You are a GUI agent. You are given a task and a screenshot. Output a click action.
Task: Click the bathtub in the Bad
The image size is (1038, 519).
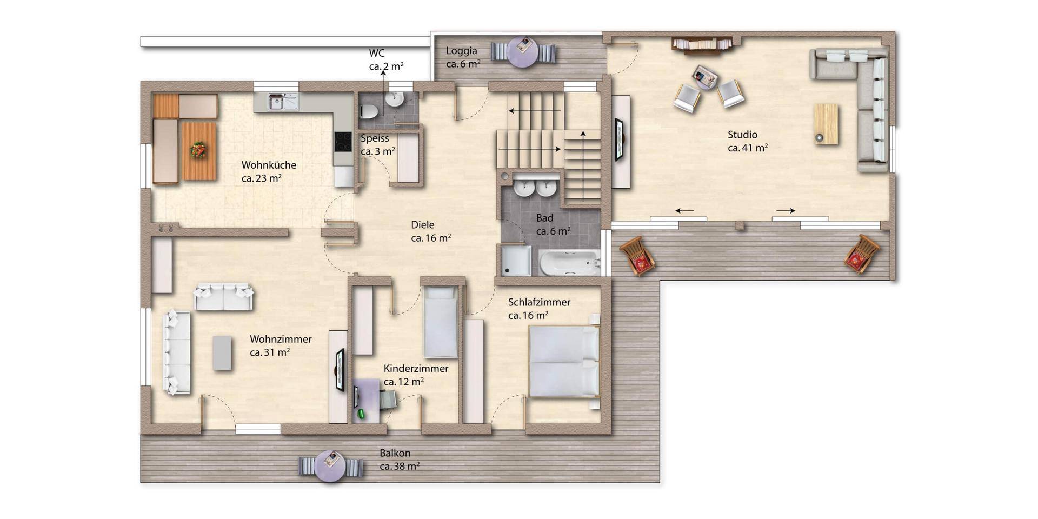tap(570, 263)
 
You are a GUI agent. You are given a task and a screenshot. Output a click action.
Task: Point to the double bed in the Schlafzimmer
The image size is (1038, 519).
tap(564, 361)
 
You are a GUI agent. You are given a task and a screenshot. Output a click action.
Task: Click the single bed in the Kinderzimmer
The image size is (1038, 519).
tap(441, 322)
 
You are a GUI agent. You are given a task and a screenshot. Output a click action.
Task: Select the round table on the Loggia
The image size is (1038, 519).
tap(523, 52)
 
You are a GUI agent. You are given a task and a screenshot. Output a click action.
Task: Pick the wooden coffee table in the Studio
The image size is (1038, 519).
tap(826, 124)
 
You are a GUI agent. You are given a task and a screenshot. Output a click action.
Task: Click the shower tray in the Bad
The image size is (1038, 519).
tap(516, 261)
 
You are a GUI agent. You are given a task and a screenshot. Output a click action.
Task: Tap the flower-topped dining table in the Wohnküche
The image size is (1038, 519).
tap(198, 151)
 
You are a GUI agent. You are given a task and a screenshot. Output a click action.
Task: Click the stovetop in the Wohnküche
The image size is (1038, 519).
tap(343, 142)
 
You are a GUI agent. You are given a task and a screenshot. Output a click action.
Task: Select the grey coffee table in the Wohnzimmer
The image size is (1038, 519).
tap(222, 353)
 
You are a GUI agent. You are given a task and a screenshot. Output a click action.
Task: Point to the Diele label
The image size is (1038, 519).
tap(422, 225)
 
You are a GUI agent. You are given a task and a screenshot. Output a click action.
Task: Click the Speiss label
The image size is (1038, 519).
tap(375, 138)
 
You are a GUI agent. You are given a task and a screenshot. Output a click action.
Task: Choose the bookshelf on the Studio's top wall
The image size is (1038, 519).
tap(702, 44)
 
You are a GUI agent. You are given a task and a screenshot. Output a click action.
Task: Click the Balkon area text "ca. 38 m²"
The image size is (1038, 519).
tap(400, 466)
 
